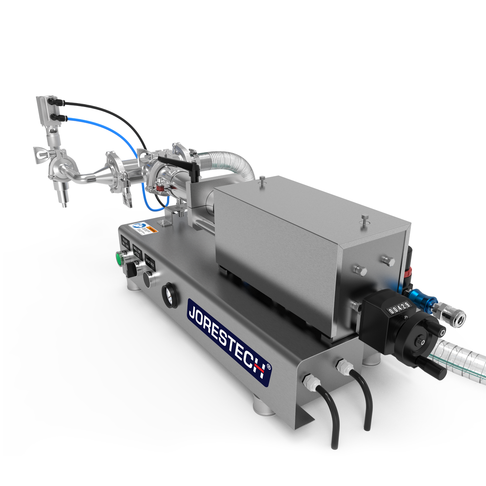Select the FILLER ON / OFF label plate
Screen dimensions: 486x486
pos(125,242)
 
